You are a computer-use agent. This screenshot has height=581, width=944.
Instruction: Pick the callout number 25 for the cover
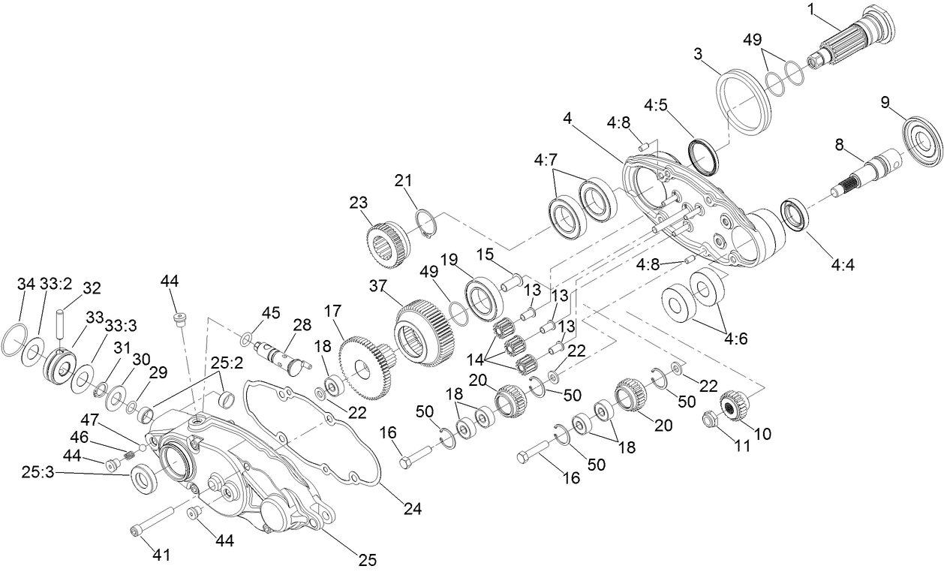[x=366, y=560]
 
